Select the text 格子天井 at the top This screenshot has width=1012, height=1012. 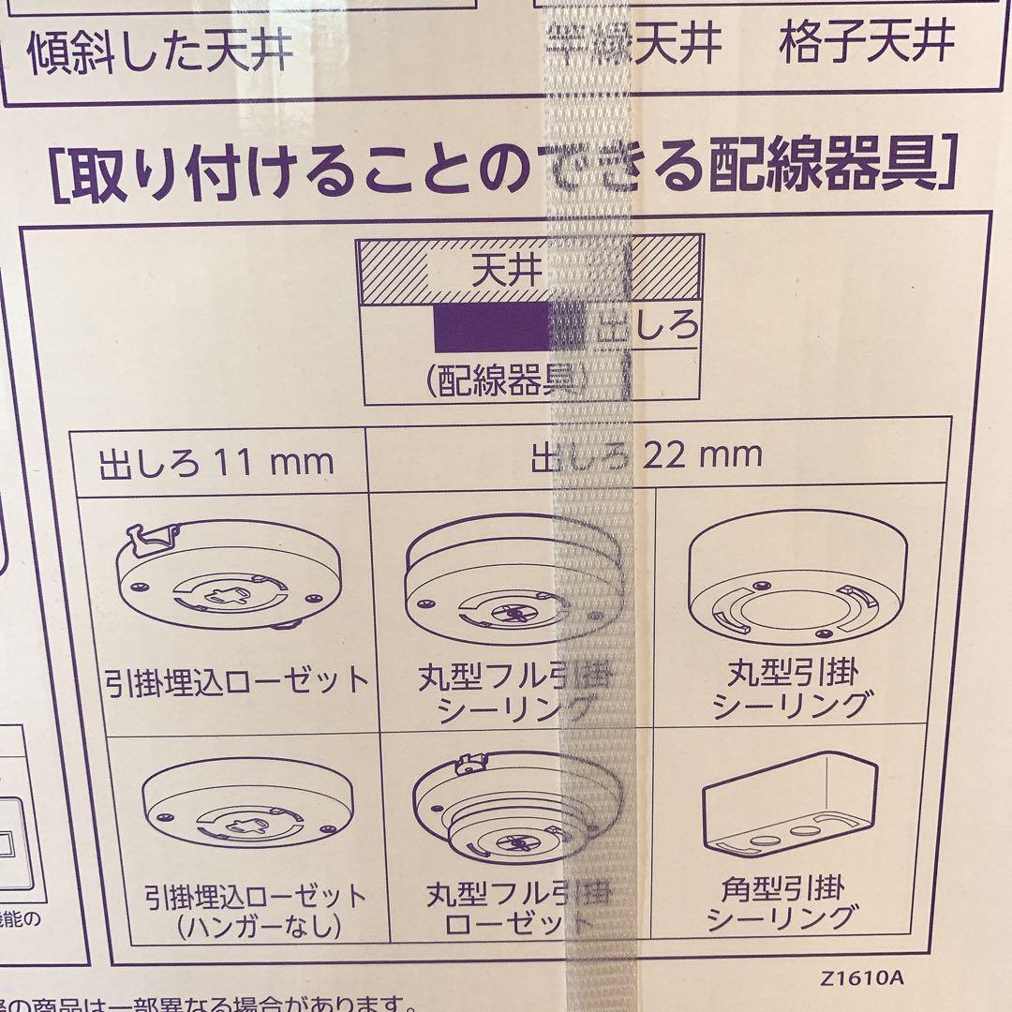[867, 41]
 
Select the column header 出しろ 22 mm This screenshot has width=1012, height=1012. [647, 456]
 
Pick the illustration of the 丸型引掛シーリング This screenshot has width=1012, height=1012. [796, 581]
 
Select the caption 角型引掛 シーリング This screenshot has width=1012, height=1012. [795, 901]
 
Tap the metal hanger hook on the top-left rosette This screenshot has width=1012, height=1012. [155, 536]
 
